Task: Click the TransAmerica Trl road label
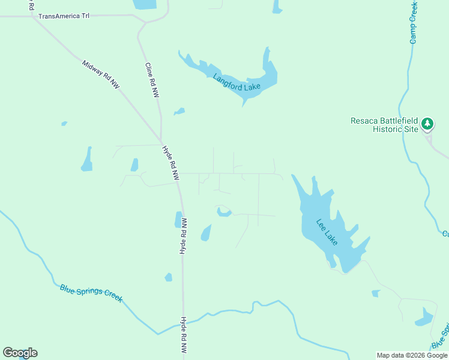(64, 16)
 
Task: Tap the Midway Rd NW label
(101, 75)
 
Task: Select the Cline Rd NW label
(152, 80)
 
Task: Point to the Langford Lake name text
(237, 82)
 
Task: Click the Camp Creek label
(413, 22)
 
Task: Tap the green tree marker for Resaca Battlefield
(427, 124)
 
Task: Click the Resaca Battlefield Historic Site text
(384, 125)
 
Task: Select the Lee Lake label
(327, 232)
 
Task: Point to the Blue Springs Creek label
(91, 293)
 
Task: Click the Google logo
(20, 353)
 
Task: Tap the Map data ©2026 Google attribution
(412, 355)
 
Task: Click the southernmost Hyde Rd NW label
(184, 335)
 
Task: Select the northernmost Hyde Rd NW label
(171, 163)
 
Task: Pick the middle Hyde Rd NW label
(184, 236)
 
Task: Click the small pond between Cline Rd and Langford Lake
(179, 112)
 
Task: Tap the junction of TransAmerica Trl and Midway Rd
(29, 16)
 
